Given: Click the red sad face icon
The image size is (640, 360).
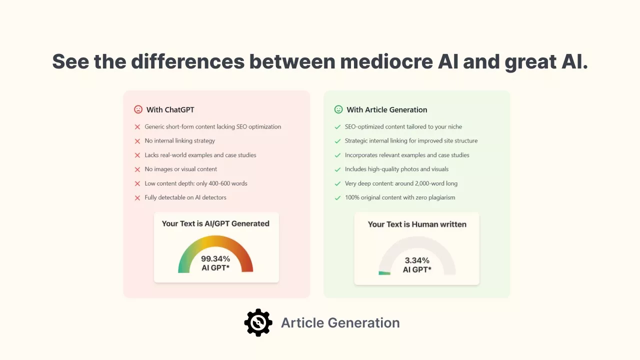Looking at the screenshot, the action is point(138,109).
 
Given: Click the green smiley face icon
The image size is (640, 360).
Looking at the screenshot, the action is point(338,109).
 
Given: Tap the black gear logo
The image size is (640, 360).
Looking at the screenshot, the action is point(258,322).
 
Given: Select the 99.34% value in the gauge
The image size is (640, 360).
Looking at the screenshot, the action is point(215,259).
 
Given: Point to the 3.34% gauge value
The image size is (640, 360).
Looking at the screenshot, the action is point(417,260).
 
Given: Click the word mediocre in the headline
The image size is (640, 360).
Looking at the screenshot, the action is point(386,61).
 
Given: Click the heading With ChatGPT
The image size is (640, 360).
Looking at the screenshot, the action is point(170,109).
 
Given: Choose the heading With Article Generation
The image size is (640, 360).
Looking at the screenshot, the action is point(387,109).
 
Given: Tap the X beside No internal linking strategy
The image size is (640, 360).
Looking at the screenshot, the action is point(137,141).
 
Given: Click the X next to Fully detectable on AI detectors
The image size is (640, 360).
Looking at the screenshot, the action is point(137,197).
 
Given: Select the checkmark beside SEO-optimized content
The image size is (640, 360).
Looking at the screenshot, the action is point(337,127).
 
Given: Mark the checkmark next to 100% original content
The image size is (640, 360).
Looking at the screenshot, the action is point(337,197).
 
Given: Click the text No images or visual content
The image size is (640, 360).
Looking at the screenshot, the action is point(181,169).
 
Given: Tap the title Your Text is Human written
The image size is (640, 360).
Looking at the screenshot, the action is point(417,224).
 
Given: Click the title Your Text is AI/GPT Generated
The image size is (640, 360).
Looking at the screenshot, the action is point(215,223).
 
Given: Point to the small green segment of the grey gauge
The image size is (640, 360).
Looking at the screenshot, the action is point(384,273).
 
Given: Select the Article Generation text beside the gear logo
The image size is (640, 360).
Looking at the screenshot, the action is point(340,323).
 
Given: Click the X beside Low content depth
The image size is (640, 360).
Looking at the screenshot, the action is point(137,183).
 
